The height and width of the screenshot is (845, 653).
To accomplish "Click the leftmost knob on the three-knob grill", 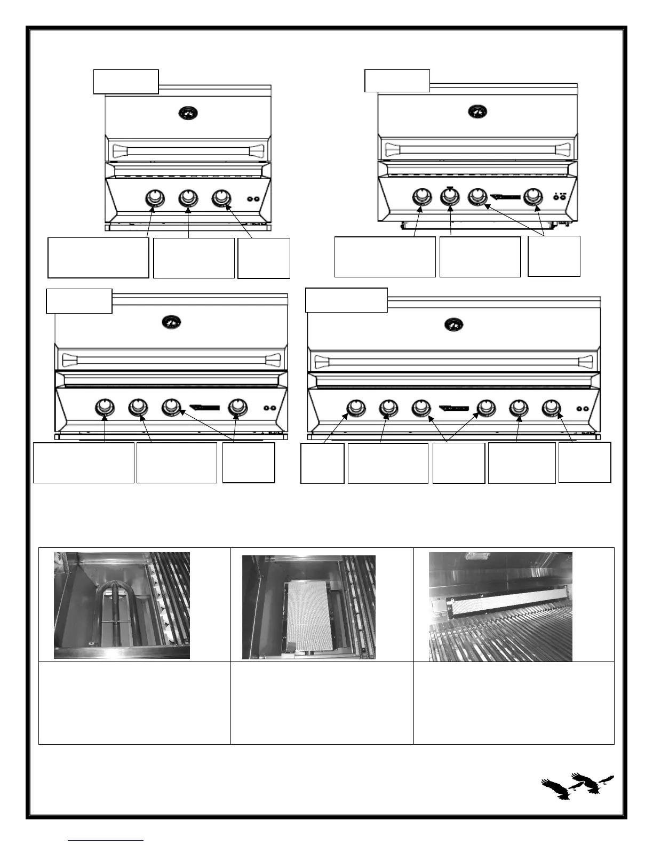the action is coord(155,198).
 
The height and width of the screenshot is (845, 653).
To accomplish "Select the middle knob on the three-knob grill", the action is coord(188,198).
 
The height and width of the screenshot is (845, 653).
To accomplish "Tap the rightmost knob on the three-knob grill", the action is coord(220,198).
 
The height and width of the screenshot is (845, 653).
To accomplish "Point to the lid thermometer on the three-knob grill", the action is coord(187,113).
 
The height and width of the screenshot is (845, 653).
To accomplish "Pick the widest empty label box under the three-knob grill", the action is coord(98,258).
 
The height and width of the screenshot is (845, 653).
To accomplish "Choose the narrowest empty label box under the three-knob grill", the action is coord(264,258).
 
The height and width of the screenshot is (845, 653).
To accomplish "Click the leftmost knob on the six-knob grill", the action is coord(355,408).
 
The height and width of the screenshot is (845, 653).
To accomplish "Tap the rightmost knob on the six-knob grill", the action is coord(551,408).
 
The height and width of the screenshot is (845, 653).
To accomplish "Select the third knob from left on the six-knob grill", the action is coord(421,408).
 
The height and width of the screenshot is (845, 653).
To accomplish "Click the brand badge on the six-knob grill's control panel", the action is coord(453,409).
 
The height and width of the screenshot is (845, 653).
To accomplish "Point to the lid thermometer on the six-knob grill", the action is coord(454,324).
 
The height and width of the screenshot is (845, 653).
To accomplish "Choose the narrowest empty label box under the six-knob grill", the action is coord(322,463).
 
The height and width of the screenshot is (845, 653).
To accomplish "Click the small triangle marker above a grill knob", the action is coord(450,187).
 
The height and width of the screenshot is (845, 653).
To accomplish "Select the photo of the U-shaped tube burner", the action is coord(122,605).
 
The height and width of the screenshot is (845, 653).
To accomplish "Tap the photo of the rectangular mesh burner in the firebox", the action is coord(309,607).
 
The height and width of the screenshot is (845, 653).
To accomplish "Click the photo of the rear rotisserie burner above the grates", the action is coord(500,607).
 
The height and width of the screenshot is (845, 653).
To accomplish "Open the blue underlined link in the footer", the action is coord(106,840).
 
